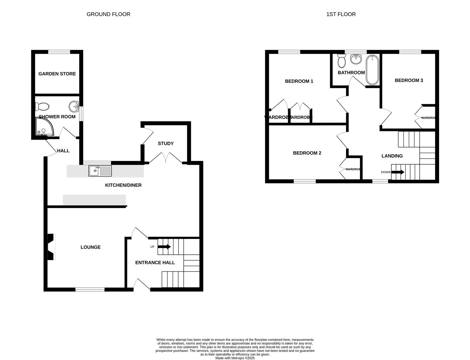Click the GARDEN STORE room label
[x=57, y=74]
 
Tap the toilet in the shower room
[x=42, y=106]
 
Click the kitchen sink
[x=100, y=171]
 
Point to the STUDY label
[x=166, y=143]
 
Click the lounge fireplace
[x=51, y=247]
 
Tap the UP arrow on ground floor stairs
[x=164, y=247]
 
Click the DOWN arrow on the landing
[x=398, y=172]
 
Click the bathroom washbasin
[x=356, y=59]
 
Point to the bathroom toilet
[x=341, y=61]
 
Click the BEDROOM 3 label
[x=409, y=80]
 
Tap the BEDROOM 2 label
[x=307, y=153]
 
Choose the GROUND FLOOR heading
[x=108, y=14]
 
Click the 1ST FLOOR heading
[x=341, y=14]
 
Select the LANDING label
[x=392, y=156]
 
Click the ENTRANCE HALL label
[x=155, y=262]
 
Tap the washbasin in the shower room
[x=74, y=107]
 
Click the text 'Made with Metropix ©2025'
[x=235, y=358]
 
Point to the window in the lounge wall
[x=90, y=289]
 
